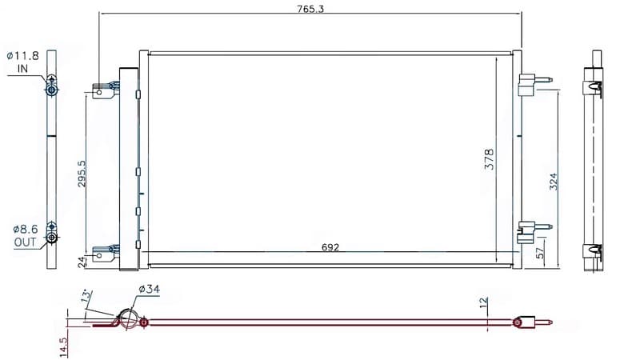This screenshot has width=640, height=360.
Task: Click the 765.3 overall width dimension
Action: tap(310, 9)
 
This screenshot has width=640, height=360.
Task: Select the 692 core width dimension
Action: tap(330, 247)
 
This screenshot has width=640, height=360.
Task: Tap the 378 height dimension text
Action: tap(489, 159)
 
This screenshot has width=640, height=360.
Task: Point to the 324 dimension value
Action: tap(553, 182)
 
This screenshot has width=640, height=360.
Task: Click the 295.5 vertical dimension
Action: tap(82, 174)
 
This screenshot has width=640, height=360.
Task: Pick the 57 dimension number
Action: tap(540, 253)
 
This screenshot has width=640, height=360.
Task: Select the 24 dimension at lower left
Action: tap(82, 262)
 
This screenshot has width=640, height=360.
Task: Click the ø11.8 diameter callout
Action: tap(23, 55)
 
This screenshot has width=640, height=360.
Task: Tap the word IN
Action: tap(22, 69)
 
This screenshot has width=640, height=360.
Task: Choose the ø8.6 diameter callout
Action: tap(26, 230)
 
